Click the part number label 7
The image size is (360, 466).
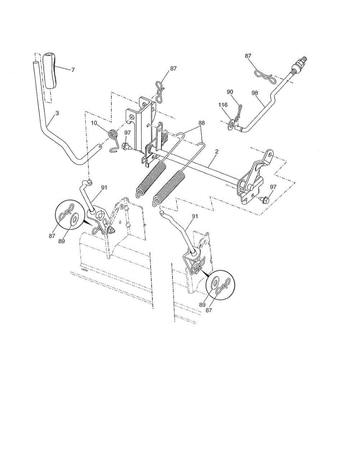73,70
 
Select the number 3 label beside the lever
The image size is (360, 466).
57,113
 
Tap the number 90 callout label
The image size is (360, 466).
230,92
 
